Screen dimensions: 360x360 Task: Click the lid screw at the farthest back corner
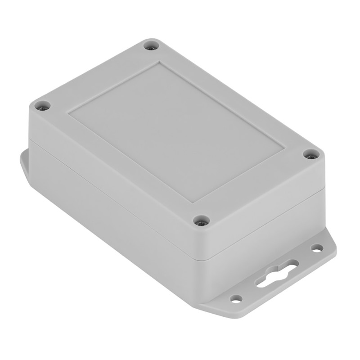(151, 45)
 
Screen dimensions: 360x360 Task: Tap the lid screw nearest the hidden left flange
(43, 106)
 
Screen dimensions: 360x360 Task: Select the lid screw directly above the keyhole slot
(311, 155)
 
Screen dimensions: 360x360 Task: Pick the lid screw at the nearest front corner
(201, 220)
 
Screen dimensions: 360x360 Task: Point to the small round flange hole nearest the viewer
(236, 298)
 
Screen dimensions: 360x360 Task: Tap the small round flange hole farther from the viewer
(317, 248)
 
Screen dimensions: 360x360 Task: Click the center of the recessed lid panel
(175, 130)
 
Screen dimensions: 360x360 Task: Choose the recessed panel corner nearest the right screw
(283, 148)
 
